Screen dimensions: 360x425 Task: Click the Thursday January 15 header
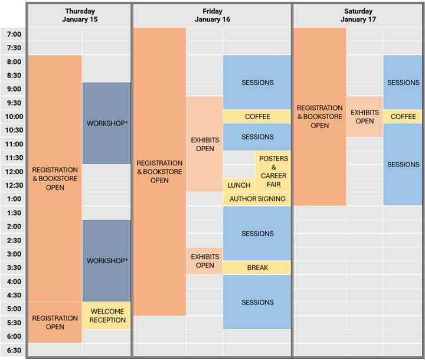pos(80,15)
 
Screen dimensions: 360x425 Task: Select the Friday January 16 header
pos(212,15)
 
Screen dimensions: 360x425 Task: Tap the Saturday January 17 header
pos(358,15)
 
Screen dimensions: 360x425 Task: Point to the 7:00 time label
pos(14,34)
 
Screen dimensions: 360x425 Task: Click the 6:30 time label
pos(14,350)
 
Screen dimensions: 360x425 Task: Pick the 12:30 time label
pos(14,185)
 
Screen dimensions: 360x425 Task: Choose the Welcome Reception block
pos(107,316)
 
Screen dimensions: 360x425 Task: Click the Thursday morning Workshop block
pos(107,123)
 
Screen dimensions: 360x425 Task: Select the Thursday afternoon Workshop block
pos(107,261)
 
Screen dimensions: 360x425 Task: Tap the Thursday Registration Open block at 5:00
pos(55,322)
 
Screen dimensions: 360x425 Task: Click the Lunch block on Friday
pos(238,185)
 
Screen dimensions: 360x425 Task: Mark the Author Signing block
pos(257,199)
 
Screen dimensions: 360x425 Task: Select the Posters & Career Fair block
pos(273,171)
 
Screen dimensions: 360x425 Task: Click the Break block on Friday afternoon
pos(257,268)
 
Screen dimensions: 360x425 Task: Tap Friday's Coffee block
pos(257,117)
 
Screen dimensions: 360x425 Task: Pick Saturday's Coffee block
pos(403,117)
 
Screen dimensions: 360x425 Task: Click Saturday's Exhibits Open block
pos(365,117)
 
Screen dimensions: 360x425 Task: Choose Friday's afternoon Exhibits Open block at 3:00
pos(205,261)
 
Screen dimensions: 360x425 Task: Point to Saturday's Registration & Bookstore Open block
pos(319,117)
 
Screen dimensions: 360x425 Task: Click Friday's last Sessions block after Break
pos(257,302)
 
